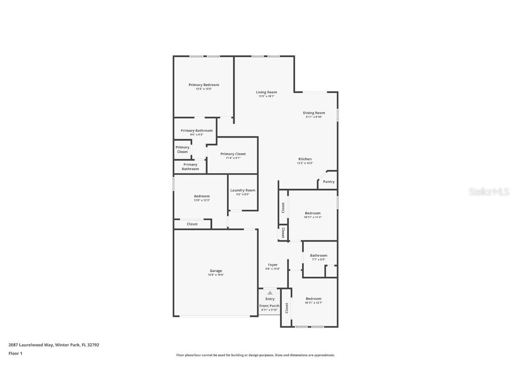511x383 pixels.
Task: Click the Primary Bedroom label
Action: pos(204,85)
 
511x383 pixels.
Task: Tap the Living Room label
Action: pos(266,92)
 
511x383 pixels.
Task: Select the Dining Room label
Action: pos(314,113)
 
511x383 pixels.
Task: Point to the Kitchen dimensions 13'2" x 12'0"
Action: pos(305,163)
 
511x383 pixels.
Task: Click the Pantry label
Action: pos(329,182)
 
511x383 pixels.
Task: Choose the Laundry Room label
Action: pos(243,190)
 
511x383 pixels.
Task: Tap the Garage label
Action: pos(216,271)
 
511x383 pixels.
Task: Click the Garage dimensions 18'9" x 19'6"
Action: pos(216,275)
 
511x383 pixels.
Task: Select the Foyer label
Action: pos(272,265)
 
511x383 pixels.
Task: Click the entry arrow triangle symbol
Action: pos(270,293)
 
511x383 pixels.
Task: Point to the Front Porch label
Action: pos(269,306)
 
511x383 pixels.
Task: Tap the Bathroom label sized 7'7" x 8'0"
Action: pos(318,255)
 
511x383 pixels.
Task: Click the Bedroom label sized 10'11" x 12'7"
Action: pos(313,299)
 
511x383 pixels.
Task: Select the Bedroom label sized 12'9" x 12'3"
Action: pos(201,196)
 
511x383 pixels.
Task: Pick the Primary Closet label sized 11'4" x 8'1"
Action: pos(233,154)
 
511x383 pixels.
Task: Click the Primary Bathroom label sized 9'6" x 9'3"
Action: pos(197,131)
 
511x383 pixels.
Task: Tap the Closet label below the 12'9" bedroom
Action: pos(192,224)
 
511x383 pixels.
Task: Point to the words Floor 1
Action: pos(15,353)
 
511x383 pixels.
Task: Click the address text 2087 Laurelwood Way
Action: pos(30,344)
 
